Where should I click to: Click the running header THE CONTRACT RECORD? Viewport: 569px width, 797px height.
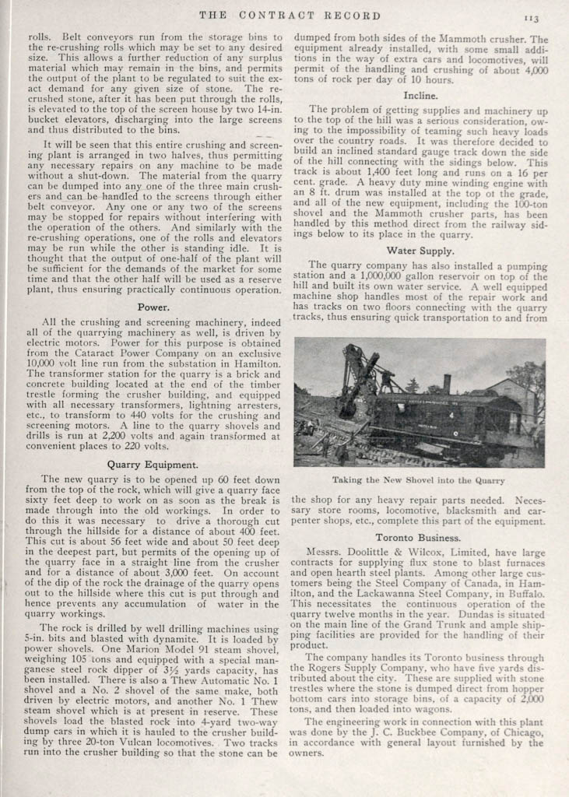[290, 15]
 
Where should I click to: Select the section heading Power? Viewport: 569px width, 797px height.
[153, 307]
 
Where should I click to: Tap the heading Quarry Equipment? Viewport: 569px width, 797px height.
[153, 464]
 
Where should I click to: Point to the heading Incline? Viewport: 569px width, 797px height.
[420, 95]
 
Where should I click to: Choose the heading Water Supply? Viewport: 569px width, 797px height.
[420, 251]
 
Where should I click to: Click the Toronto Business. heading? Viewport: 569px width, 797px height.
[418, 537]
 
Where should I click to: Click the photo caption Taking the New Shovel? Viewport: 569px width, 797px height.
[419, 480]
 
